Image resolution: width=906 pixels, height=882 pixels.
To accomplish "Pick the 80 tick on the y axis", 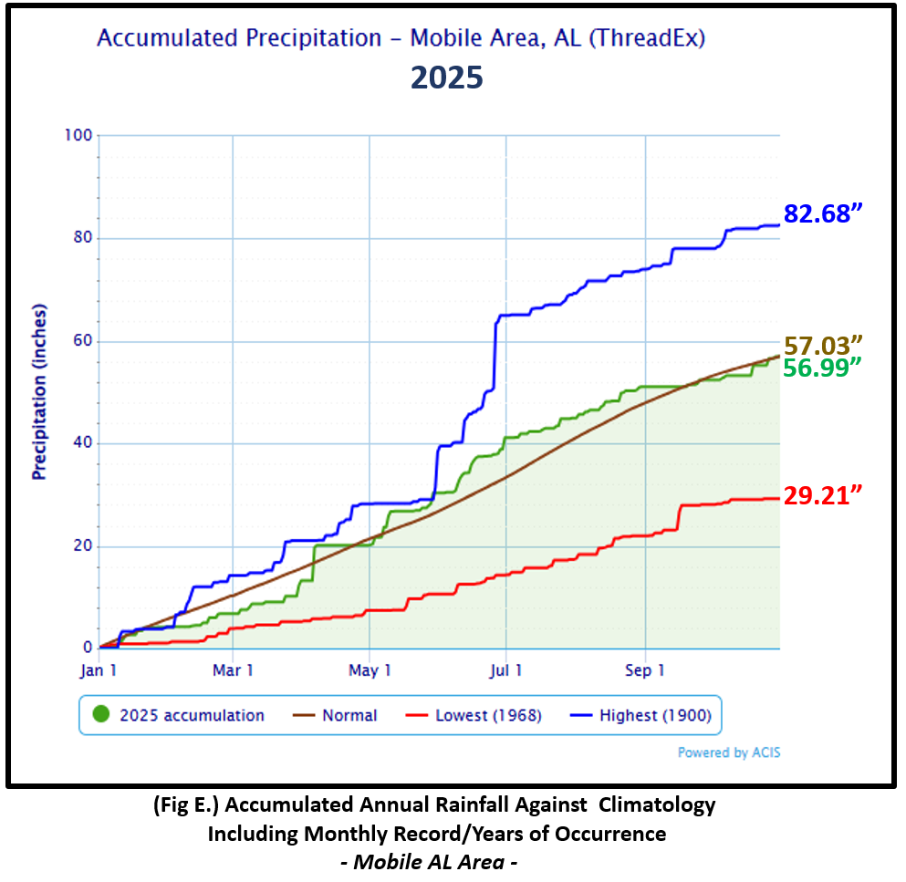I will pyautogui.click(x=81, y=239).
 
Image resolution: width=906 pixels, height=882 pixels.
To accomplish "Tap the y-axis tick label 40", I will pyautogui.click(x=81, y=444).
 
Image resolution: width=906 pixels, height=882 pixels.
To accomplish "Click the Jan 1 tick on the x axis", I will pyautogui.click(x=99, y=669).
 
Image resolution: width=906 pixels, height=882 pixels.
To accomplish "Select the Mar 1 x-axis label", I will pyautogui.click(x=234, y=669).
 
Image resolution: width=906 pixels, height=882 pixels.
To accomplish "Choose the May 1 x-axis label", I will pyautogui.click(x=370, y=669).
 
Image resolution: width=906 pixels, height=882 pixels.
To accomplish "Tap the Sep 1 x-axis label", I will pyautogui.click(x=645, y=669).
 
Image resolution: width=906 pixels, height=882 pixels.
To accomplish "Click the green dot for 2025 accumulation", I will pyautogui.click(x=101, y=715).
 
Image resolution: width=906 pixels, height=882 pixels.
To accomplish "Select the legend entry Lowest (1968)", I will pyautogui.click(x=488, y=716).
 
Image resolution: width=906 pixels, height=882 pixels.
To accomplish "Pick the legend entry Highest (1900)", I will pyautogui.click(x=655, y=716).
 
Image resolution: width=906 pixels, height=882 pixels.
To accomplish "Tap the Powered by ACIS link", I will pyautogui.click(x=729, y=752).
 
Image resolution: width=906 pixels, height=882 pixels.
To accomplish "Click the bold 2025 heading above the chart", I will pyautogui.click(x=446, y=77).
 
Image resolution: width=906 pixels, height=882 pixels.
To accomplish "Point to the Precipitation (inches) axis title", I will pyautogui.click(x=39, y=391).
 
